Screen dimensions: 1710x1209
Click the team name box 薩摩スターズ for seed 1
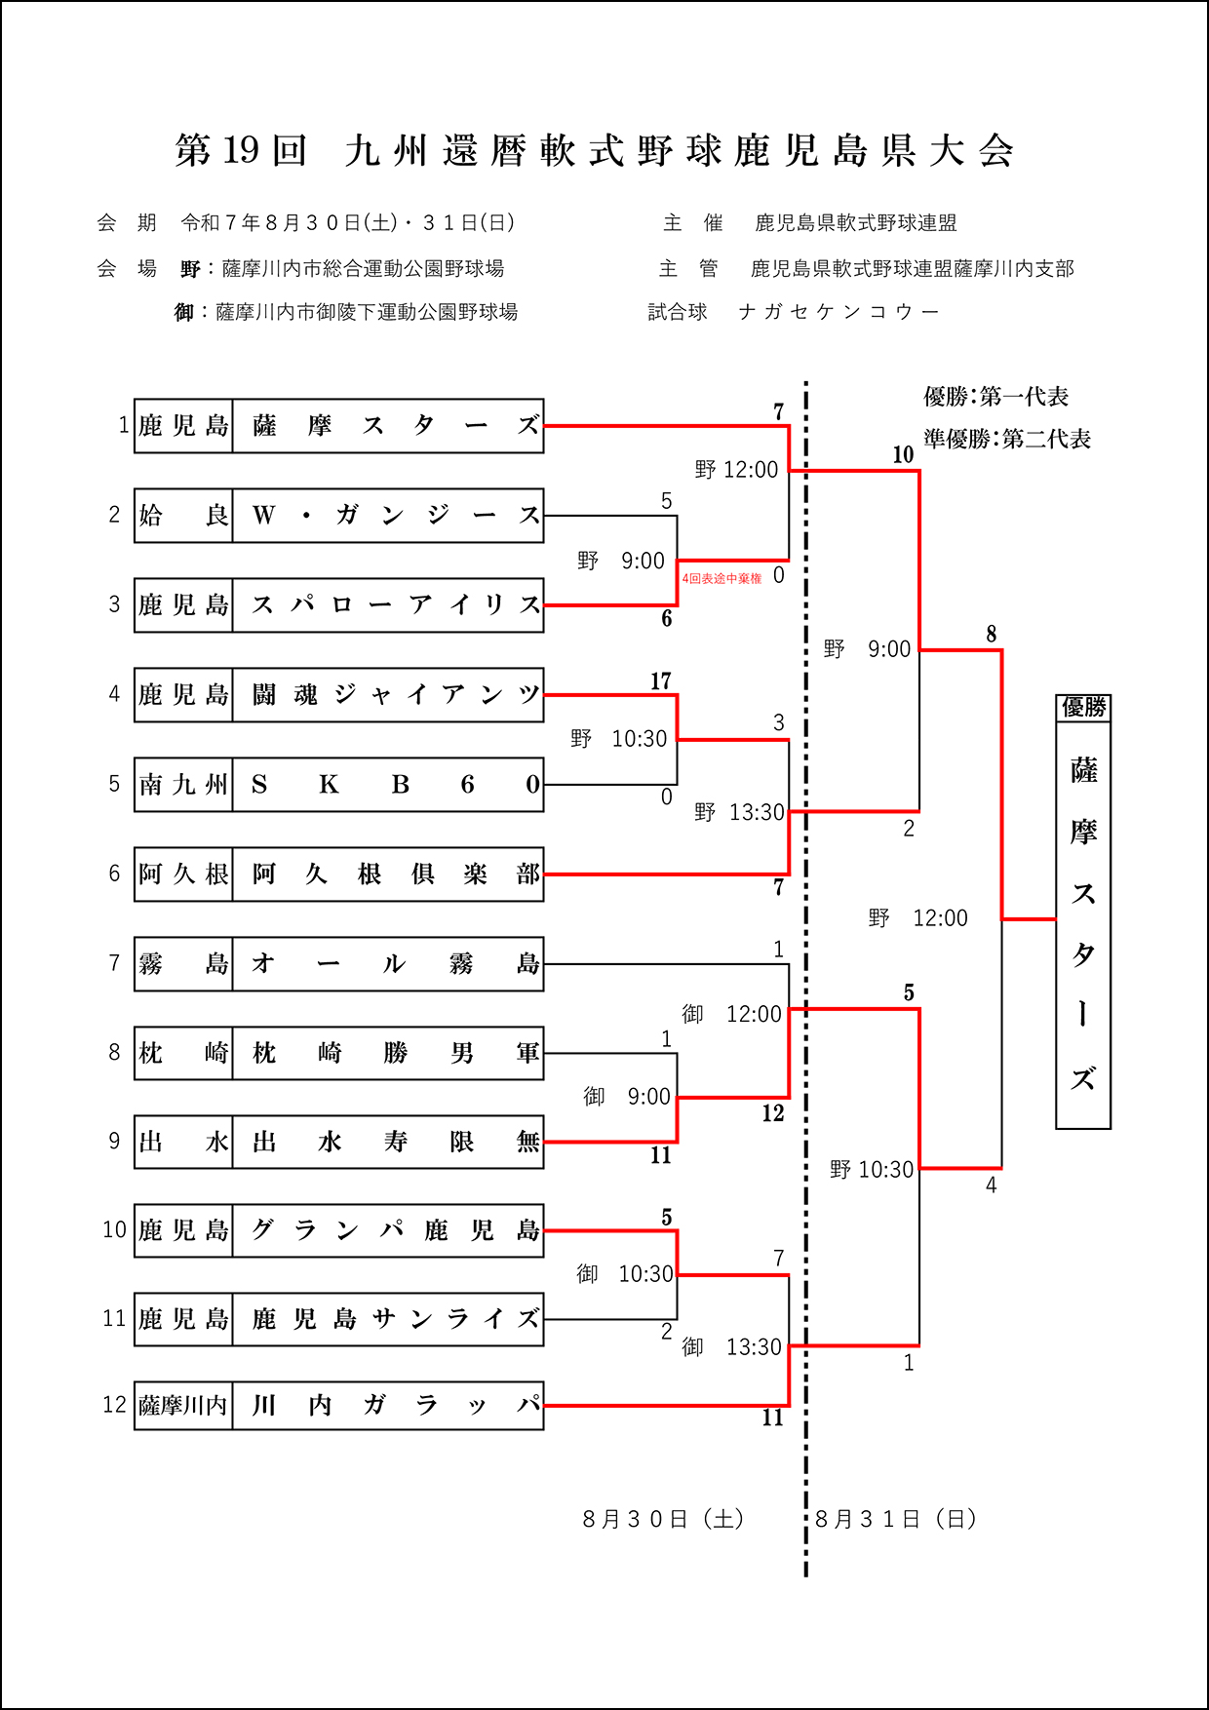pyautogui.click(x=388, y=426)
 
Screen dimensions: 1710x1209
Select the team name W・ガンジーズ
pyautogui.click(x=388, y=516)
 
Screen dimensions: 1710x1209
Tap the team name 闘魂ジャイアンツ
pyautogui.click(x=388, y=695)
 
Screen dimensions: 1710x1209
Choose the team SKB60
pyautogui.click(x=388, y=785)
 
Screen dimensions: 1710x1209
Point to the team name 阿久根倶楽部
pyautogui.click(x=388, y=874)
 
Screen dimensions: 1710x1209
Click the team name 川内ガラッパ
pyautogui.click(x=388, y=1405)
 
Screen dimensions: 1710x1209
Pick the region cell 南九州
pyautogui.click(x=183, y=785)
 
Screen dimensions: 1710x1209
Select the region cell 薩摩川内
pyautogui.click(x=183, y=1405)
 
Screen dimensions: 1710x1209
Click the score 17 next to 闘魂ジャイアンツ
pyautogui.click(x=661, y=681)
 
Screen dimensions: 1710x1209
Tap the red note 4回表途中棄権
pyautogui.click(x=721, y=579)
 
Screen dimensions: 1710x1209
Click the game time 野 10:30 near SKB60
pyautogui.click(x=619, y=739)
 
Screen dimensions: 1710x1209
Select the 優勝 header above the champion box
pyautogui.click(x=1083, y=707)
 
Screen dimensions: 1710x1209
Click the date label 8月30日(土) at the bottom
pyautogui.click(x=664, y=1519)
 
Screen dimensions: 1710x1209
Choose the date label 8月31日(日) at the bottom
pyautogui.click(x=896, y=1519)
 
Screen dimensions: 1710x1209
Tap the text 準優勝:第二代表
pyautogui.click(x=1007, y=440)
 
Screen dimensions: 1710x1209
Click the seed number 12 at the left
pyautogui.click(x=114, y=1405)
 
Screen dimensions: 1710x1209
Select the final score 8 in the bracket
pyautogui.click(x=992, y=635)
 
